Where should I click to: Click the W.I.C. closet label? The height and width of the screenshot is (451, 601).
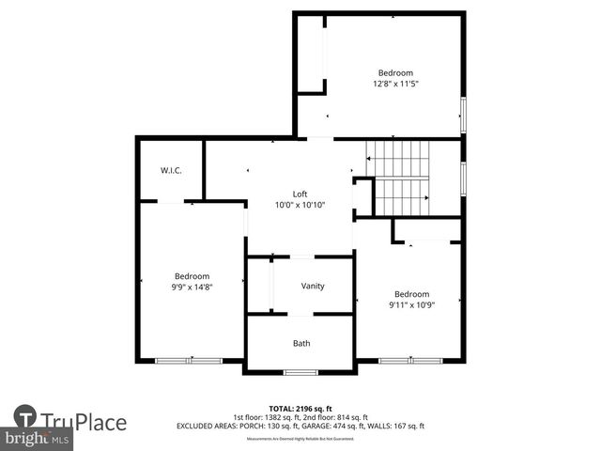tap(170, 170)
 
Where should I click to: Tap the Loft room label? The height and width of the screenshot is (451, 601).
tap(300, 194)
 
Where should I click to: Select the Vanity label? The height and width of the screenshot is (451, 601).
tap(313, 286)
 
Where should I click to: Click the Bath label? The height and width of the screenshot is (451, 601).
tap(301, 343)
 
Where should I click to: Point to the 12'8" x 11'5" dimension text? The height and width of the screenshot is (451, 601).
tap(394, 84)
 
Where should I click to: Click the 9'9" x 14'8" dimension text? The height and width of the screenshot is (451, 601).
tap(191, 287)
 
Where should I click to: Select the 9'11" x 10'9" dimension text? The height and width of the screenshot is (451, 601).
tap(411, 303)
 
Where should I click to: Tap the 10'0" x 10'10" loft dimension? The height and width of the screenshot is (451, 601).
tap(300, 205)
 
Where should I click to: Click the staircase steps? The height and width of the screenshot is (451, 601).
tap(399, 179)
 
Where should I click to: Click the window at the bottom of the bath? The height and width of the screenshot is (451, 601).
tap(300, 372)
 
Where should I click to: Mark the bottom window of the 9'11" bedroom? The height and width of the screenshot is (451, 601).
tap(410, 360)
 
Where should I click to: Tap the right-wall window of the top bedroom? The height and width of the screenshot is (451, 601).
tap(462, 115)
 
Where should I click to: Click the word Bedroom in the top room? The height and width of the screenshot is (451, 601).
tap(394, 72)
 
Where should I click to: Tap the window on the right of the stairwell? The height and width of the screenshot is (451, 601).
tap(462, 178)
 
